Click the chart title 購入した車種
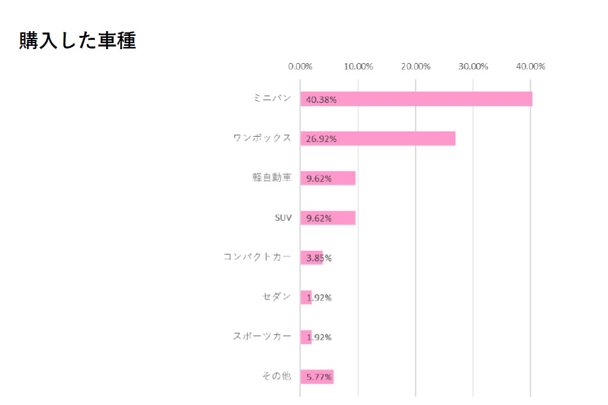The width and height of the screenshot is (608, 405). (x=77, y=40)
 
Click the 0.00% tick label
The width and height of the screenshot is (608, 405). (x=301, y=66)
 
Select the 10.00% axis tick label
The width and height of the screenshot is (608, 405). (x=358, y=66)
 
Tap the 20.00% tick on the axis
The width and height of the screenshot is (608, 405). (x=416, y=66)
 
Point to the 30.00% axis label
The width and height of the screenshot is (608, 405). (x=474, y=66)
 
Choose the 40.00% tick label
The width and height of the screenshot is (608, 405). (x=531, y=66)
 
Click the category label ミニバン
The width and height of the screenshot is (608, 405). (x=272, y=98)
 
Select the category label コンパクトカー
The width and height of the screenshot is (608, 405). (x=257, y=257)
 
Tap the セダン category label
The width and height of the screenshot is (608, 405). (x=277, y=297)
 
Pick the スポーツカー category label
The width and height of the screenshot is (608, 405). (x=262, y=337)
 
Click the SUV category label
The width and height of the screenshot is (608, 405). (x=283, y=218)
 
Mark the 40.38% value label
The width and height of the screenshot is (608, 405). (x=321, y=100)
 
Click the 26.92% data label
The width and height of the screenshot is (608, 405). (x=321, y=139)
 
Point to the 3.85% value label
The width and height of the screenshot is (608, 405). (x=319, y=258)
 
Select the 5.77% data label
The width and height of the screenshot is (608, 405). (x=319, y=377)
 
